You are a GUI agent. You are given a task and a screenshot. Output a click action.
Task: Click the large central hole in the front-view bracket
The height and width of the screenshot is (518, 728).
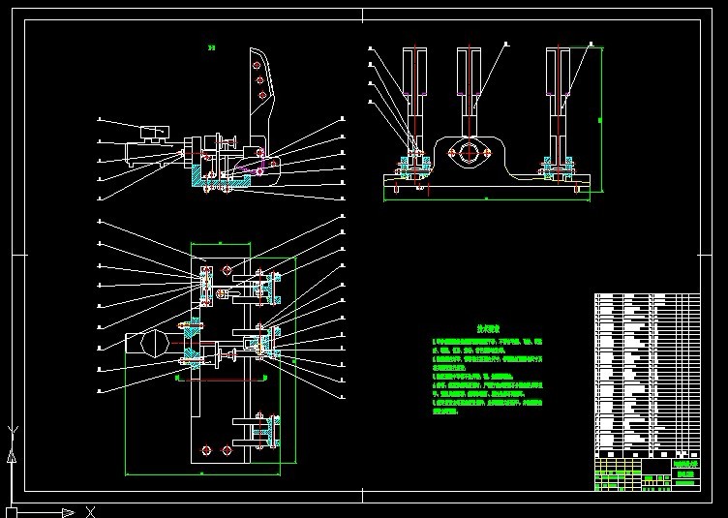(470, 151)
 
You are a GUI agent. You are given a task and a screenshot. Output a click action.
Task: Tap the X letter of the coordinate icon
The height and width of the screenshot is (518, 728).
(89, 511)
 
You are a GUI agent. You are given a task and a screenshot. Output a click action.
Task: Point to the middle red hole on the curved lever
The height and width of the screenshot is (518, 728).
(259, 81)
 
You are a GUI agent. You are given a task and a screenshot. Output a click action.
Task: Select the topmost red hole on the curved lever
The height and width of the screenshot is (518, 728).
(258, 65)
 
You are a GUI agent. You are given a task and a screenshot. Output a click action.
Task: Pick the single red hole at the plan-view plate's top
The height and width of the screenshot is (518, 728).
(227, 269)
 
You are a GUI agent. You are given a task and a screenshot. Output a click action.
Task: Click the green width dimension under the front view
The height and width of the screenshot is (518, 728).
(484, 198)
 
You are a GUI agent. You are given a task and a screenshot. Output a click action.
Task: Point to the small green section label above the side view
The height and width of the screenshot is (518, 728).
(211, 46)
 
